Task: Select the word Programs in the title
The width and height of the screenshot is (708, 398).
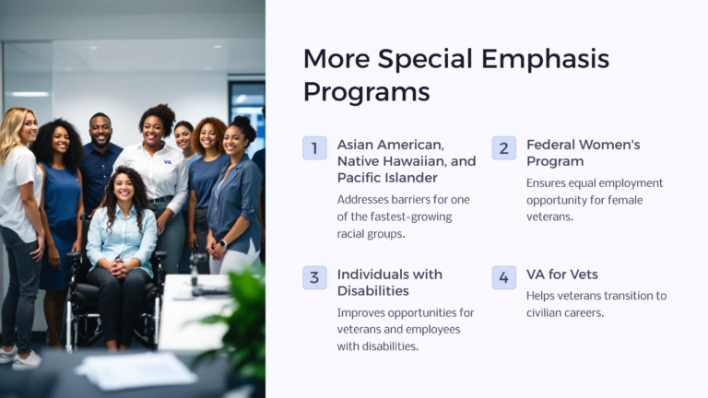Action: coord(366,92)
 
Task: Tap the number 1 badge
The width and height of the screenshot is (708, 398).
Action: coord(314,147)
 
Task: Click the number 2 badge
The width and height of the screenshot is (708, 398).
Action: coord(503,147)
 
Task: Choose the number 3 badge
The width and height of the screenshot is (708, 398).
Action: coord(314,277)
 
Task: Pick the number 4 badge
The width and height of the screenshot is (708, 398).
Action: coord(503,277)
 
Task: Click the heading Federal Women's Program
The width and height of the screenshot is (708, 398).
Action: coord(583,153)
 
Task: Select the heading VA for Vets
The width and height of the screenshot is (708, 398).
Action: coord(561,275)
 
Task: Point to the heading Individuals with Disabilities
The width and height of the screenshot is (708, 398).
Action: coord(389,283)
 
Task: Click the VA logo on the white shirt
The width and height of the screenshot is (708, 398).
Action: coord(167,161)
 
